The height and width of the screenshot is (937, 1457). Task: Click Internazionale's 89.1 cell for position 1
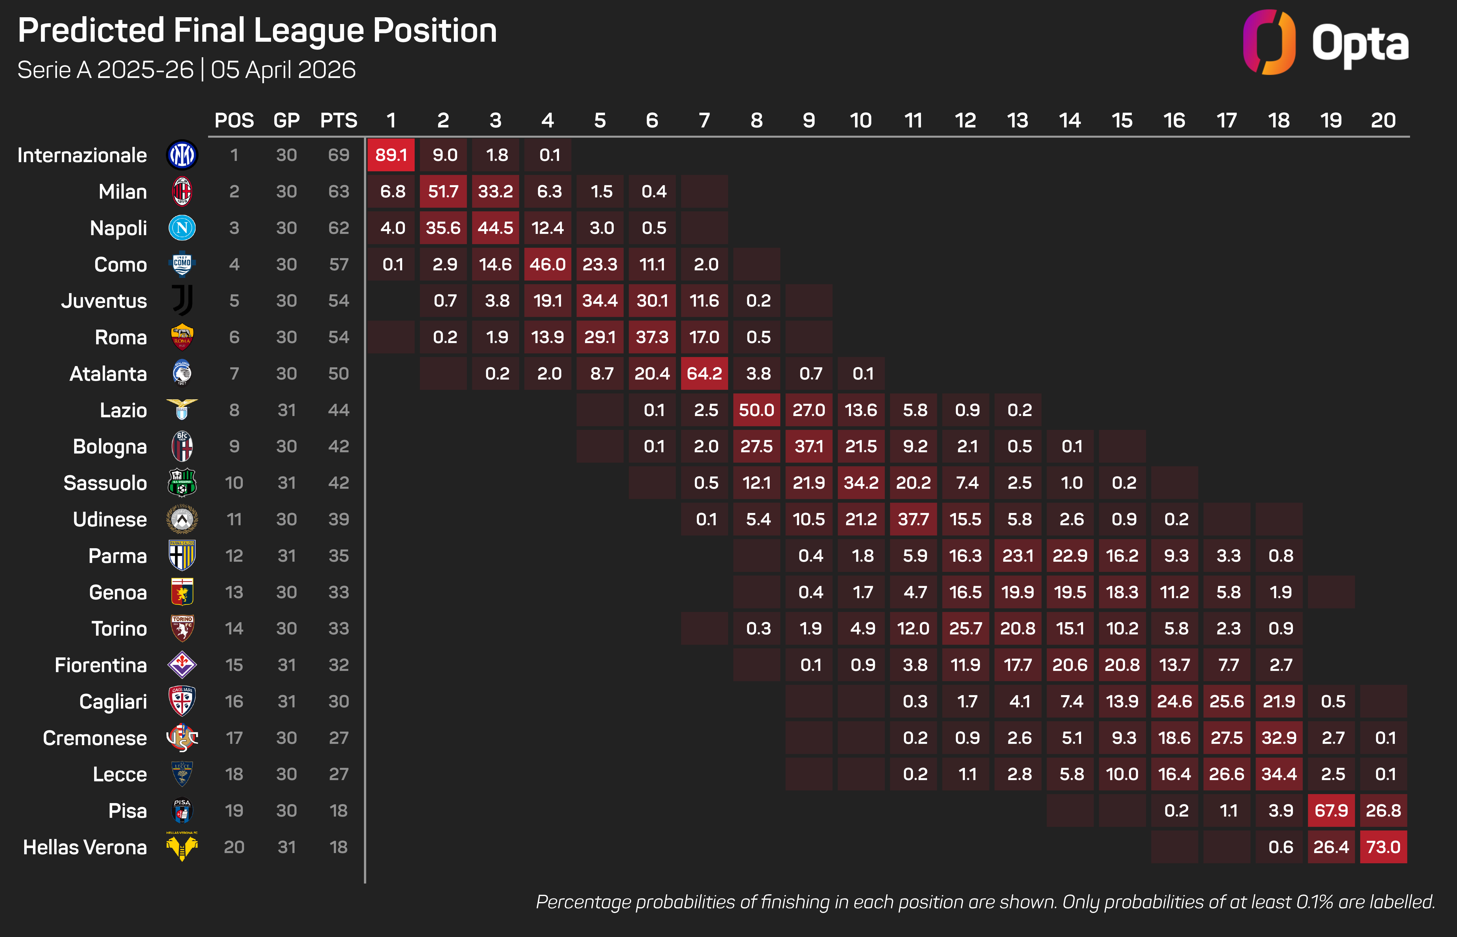pos(391,155)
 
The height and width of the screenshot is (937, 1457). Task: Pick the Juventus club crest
pos(182,301)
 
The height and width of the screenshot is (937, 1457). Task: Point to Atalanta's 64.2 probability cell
pos(704,374)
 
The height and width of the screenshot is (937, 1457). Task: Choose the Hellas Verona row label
pos(84,847)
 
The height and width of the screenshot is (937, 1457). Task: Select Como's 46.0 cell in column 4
pos(547,264)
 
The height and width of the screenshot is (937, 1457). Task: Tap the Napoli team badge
pos(182,228)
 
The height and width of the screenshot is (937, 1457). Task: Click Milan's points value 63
pos(339,192)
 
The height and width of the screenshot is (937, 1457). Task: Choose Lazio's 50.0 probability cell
pos(756,410)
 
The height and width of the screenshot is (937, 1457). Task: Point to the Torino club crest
pos(182,628)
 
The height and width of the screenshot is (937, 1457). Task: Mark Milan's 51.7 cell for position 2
pos(443,192)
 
